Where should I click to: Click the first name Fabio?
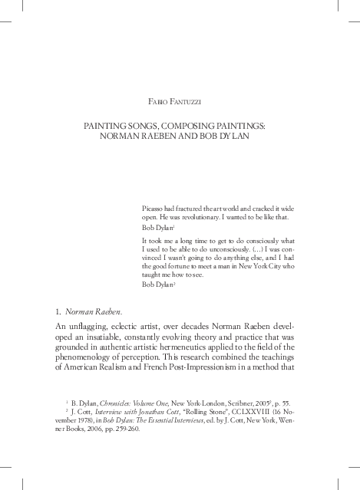click(157, 101)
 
